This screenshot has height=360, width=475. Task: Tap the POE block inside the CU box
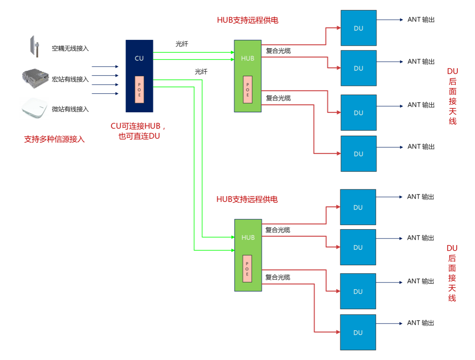pos(139,90)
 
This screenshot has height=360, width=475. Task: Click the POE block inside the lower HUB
pos(247,268)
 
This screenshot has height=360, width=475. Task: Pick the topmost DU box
pos(359,28)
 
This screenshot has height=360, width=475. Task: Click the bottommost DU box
pos(358,332)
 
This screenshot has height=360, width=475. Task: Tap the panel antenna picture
pos(34,46)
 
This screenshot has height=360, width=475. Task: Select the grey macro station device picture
pos(34,79)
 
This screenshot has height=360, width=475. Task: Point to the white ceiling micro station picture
pos(34,109)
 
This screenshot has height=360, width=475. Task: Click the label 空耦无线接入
pos(70,49)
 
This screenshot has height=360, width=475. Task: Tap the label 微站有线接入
pos(70,109)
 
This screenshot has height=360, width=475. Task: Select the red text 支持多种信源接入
pos(54,140)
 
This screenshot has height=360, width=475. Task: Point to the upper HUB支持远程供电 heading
pos(248,20)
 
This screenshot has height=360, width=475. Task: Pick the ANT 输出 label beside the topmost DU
pos(421,20)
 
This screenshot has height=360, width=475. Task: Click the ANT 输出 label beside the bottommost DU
pos(421,323)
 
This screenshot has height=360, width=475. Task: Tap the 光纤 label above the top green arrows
pos(182,44)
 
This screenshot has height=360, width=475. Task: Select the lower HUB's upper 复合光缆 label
pos(278,230)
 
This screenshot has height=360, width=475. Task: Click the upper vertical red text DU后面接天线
pos(452,96)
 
